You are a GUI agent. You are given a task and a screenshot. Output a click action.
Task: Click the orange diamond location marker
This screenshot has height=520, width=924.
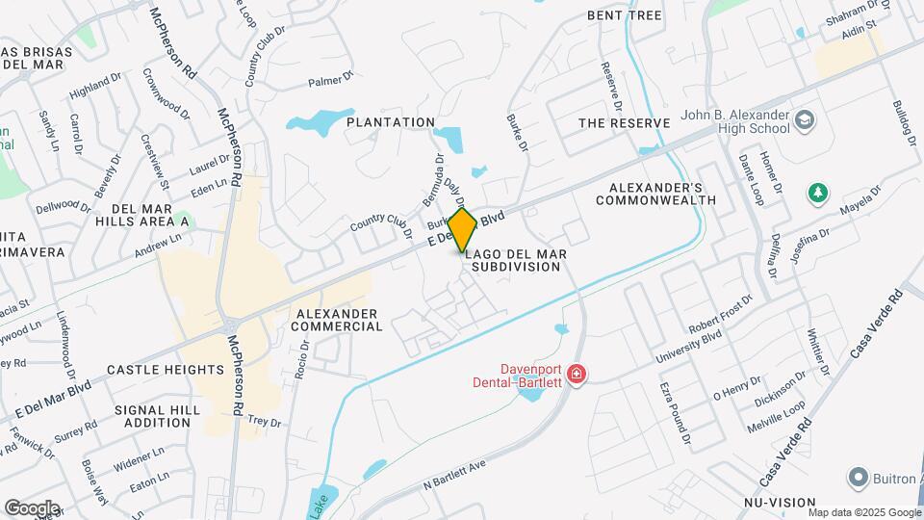coord(463,230)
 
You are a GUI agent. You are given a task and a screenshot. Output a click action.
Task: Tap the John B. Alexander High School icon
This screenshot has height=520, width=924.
coord(805,121)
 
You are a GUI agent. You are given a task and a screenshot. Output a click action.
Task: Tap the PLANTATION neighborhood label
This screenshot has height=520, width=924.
coord(391,122)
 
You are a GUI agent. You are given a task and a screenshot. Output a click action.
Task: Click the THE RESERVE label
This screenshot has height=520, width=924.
coord(624,123)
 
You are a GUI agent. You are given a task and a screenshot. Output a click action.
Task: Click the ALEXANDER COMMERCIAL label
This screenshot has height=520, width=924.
coord(340,320)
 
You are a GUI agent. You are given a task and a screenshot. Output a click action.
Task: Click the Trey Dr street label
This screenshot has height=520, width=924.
coord(264,422)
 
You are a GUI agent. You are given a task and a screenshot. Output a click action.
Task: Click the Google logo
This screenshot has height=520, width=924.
coord(32,507)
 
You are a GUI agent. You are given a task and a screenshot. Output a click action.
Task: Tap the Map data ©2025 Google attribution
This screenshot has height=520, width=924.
coord(866,512)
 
